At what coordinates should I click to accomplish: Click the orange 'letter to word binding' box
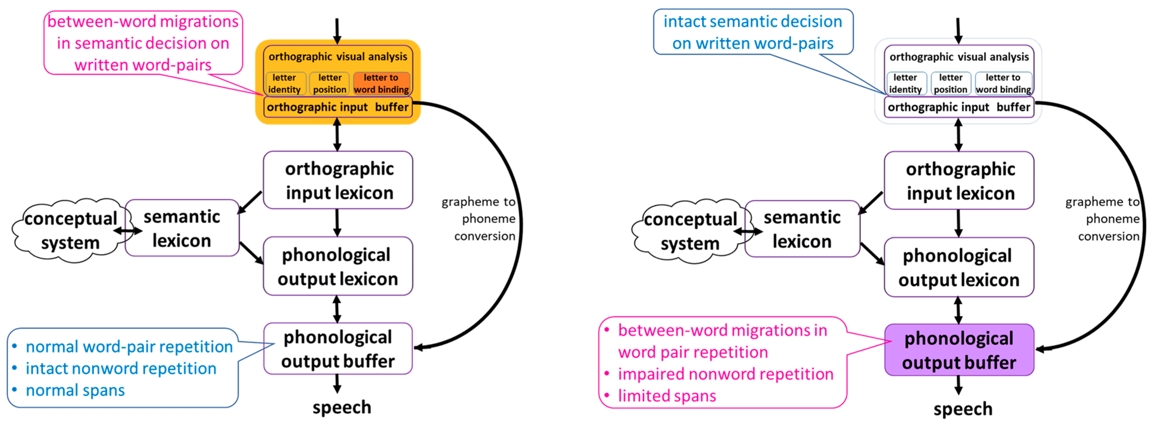click(381, 84)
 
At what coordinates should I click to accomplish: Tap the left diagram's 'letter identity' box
click(285, 84)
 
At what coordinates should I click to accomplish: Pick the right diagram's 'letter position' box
click(951, 84)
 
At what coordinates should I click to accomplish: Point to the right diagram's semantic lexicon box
click(802, 229)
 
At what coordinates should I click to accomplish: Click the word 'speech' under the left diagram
click(342, 407)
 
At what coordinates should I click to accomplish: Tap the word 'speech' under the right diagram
click(962, 409)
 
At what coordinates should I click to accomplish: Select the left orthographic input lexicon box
click(338, 180)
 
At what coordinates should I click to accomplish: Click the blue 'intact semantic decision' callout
click(752, 32)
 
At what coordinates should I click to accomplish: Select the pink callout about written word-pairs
click(143, 43)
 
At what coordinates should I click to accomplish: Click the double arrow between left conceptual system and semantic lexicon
click(128, 231)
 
